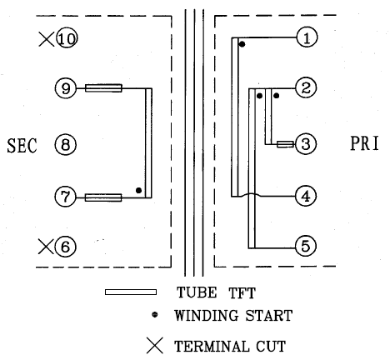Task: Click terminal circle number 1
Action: coord(307,37)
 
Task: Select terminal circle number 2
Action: coord(306,87)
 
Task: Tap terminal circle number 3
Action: coord(306,144)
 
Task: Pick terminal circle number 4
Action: coord(306,196)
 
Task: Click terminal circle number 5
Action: coord(306,246)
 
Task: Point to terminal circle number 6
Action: coord(65,247)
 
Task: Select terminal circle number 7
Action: coord(65,197)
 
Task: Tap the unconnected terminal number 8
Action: coord(65,144)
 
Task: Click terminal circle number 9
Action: coord(66,88)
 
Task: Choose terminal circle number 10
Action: coord(67,37)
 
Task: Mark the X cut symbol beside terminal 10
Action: coord(47,39)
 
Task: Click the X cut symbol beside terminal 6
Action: coord(46,247)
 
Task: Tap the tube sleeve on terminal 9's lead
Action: coord(103,88)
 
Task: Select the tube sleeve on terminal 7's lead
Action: coord(103,197)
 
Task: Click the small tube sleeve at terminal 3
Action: coord(285,144)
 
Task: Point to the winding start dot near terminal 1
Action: coord(242,44)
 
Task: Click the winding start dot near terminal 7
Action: coord(138,190)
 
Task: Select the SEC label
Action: coord(22,145)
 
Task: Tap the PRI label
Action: coord(364,143)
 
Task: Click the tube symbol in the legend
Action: coord(131,292)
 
